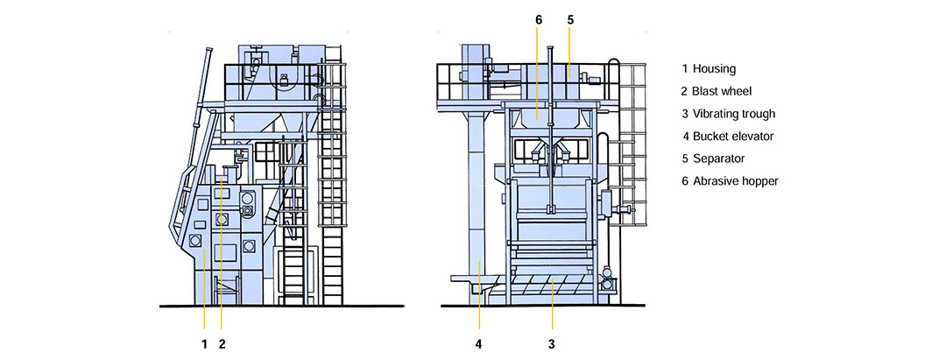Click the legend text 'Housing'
(714, 68)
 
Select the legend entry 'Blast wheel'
(722, 91)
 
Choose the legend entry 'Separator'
(718, 159)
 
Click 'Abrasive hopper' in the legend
(736, 181)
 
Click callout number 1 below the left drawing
(204, 344)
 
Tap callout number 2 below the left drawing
(222, 344)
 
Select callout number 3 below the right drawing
(551, 344)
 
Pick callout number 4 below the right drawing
(478, 344)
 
